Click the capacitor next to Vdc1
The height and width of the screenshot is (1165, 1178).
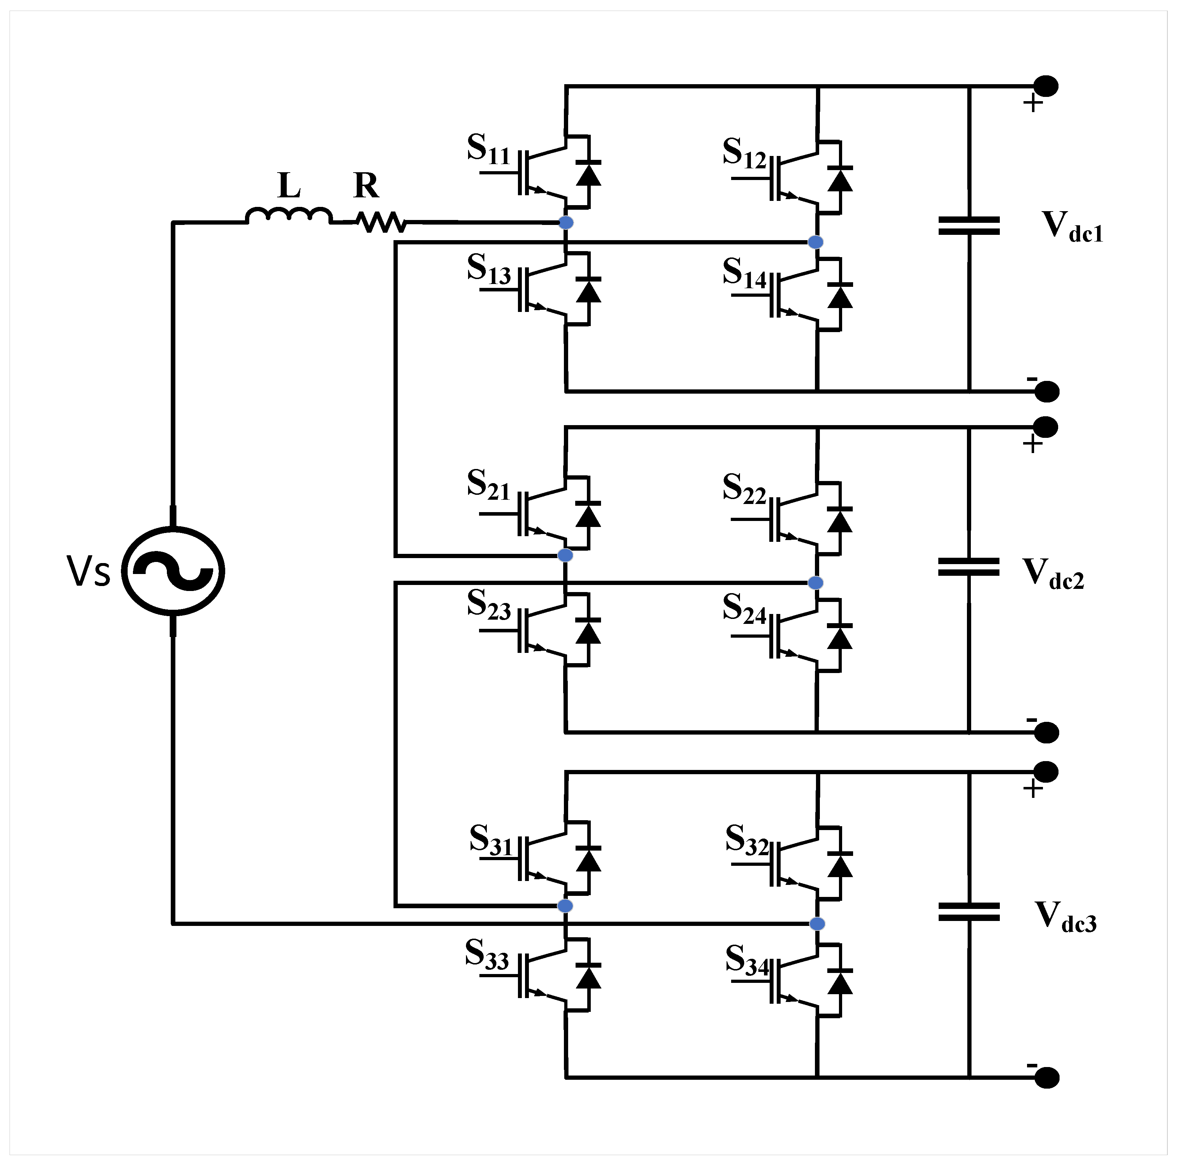(x=969, y=226)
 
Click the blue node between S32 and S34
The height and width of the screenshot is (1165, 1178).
(x=817, y=923)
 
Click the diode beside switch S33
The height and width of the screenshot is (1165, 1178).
(x=588, y=976)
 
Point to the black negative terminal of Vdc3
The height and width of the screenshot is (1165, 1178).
(x=1047, y=1078)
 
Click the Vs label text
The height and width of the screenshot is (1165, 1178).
(x=89, y=572)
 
